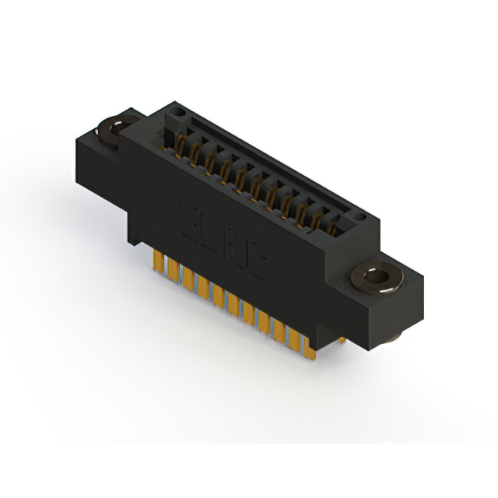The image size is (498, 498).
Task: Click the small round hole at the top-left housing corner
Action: (177, 113)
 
